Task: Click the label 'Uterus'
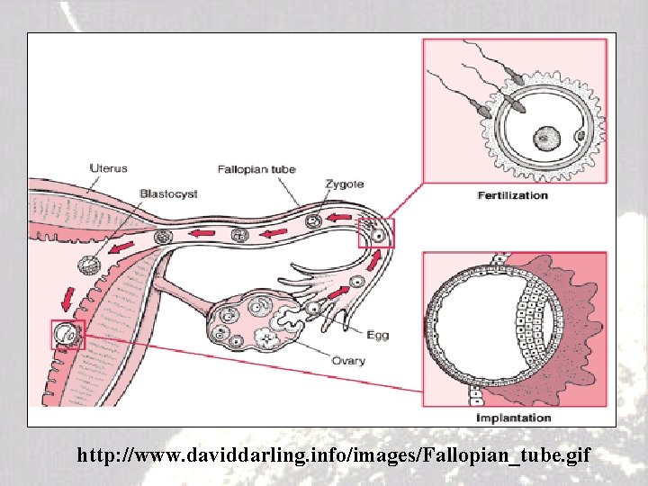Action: pyautogui.click(x=109, y=167)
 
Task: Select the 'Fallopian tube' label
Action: pyautogui.click(x=256, y=169)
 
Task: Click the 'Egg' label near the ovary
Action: pyautogui.click(x=377, y=335)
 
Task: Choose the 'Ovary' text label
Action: pyautogui.click(x=347, y=361)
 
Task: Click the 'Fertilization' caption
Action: pyautogui.click(x=512, y=194)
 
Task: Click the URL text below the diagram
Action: pyautogui.click(x=334, y=456)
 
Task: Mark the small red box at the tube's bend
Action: pyautogui.click(x=375, y=234)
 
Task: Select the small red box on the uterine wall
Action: pyautogui.click(x=67, y=336)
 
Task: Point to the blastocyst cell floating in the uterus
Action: pyautogui.click(x=90, y=266)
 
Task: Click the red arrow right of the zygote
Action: pyautogui.click(x=342, y=219)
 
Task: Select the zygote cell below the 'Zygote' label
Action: pyautogui.click(x=314, y=221)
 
